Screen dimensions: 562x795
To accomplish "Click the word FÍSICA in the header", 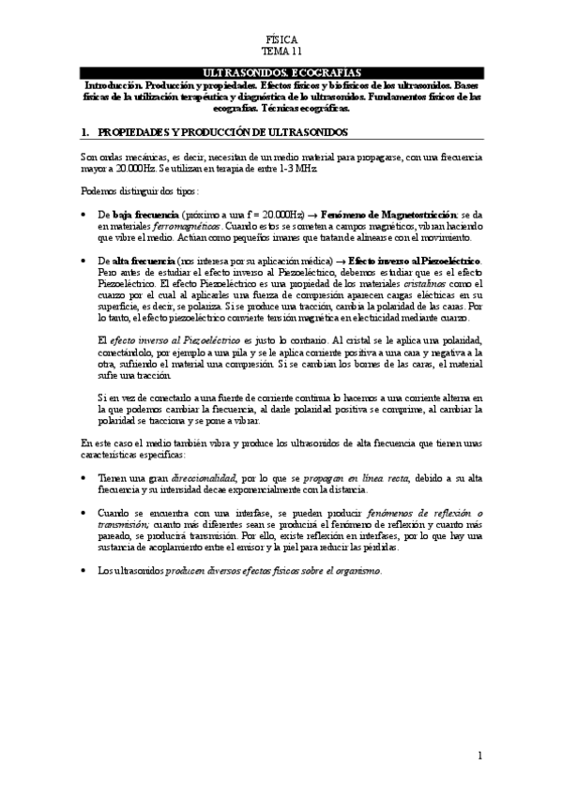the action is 281,41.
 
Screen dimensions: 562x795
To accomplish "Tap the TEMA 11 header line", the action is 281,52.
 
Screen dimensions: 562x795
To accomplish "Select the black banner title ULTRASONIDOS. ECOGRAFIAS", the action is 281,72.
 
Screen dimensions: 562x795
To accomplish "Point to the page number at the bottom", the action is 479,755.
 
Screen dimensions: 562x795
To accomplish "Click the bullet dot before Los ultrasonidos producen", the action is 85,571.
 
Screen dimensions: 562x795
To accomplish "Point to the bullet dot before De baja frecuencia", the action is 85,216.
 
